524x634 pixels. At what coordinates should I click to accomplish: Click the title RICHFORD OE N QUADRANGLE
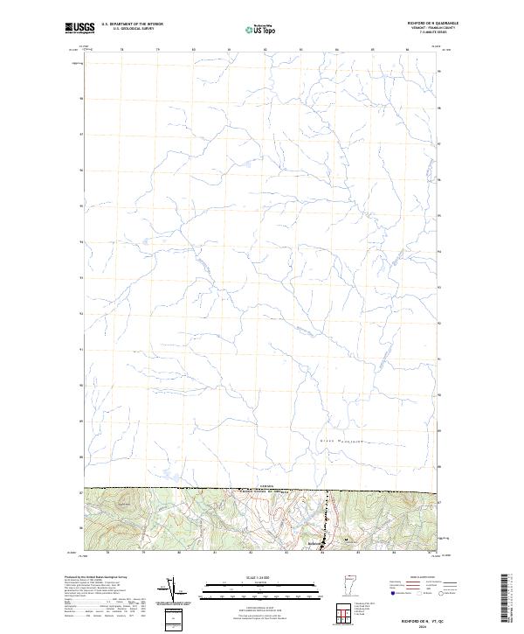pos(426,23)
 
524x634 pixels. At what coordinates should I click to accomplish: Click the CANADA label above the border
pos(267,484)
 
